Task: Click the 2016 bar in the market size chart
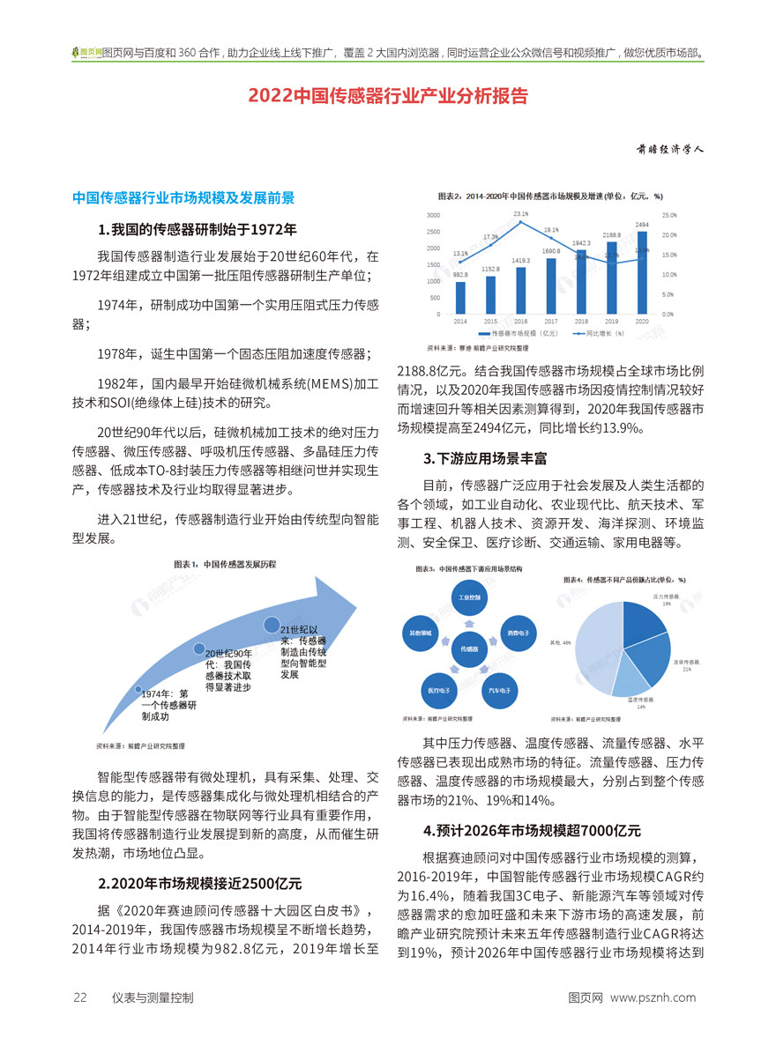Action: click(520, 290)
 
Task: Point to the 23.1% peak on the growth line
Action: click(520, 221)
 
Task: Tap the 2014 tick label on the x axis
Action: click(460, 322)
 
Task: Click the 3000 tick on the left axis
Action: click(435, 215)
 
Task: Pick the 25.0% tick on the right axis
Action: click(668, 215)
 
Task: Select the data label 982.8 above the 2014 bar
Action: click(460, 275)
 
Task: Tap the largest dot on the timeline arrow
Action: click(272, 624)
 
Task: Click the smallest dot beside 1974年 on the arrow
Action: click(138, 688)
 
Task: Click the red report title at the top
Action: click(388, 94)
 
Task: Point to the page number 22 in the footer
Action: click(79, 997)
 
